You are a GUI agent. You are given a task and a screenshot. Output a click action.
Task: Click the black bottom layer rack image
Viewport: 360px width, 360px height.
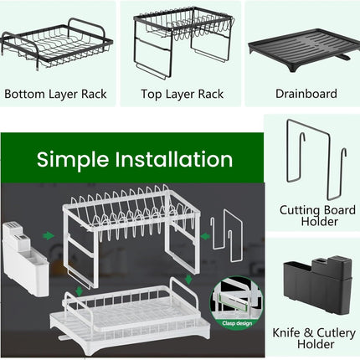tap(57, 46)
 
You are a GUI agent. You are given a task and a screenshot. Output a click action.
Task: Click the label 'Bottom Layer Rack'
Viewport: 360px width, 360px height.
tap(56, 94)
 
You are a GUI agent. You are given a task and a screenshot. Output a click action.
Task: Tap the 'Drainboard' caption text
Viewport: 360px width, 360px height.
tap(306, 94)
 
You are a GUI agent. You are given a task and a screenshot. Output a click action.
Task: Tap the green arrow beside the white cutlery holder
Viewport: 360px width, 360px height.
tap(50, 236)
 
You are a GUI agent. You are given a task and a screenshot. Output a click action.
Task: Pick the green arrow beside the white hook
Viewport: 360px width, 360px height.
tap(205, 237)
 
